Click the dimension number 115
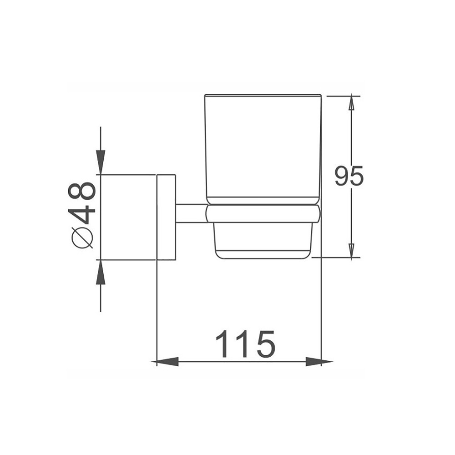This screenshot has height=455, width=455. [245, 344]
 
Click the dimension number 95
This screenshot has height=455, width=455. [349, 177]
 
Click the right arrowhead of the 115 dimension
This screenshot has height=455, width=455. [317, 362]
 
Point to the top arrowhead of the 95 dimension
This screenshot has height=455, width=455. [351, 104]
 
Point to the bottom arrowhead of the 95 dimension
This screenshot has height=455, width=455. [351, 250]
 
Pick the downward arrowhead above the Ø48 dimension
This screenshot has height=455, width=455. [101, 162]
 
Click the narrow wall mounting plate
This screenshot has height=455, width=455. [166, 217]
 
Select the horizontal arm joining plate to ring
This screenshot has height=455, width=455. [191, 213]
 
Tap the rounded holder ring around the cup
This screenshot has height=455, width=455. [263, 214]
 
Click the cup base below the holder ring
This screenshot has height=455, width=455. [263, 240]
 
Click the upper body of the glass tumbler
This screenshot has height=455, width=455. [263, 146]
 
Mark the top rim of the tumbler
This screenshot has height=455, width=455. [263, 96]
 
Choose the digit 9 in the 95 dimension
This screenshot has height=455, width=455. [342, 177]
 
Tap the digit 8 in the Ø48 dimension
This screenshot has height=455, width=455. [82, 191]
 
